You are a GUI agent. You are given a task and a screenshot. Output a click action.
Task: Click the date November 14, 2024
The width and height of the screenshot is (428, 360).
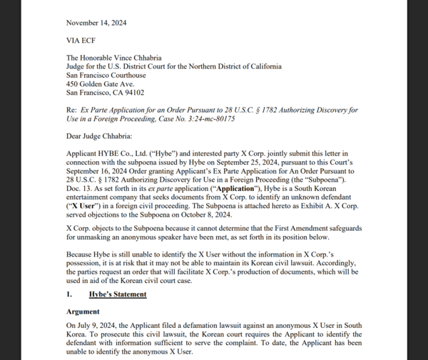click(x=96, y=24)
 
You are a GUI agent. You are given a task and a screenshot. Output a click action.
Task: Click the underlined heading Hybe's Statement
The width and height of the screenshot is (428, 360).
click(x=118, y=294)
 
